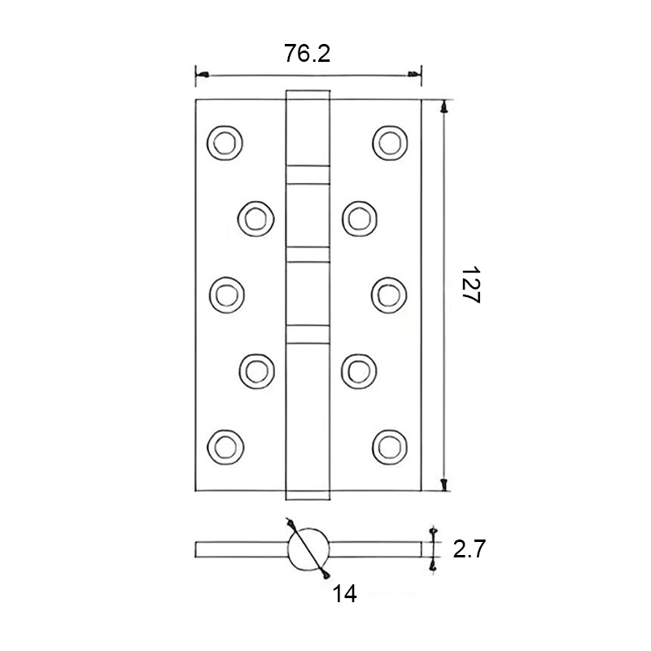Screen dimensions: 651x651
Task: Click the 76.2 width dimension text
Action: coord(308,54)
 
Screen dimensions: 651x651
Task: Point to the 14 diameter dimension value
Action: coord(344,594)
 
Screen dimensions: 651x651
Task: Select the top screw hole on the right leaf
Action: coord(389,142)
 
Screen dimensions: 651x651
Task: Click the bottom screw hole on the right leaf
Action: coord(389,444)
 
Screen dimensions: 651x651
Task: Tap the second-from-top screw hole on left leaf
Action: coord(255,217)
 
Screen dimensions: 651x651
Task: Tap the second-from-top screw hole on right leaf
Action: coord(358,217)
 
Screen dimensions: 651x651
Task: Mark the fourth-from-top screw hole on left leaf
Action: coord(255,369)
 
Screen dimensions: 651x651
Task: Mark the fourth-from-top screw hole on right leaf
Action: coord(358,369)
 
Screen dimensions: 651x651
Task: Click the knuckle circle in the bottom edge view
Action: coord(309,549)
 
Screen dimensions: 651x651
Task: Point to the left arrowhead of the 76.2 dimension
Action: coord(201,76)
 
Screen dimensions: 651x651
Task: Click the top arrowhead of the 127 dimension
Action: coord(444,106)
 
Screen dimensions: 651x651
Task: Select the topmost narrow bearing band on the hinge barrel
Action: coord(308,173)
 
